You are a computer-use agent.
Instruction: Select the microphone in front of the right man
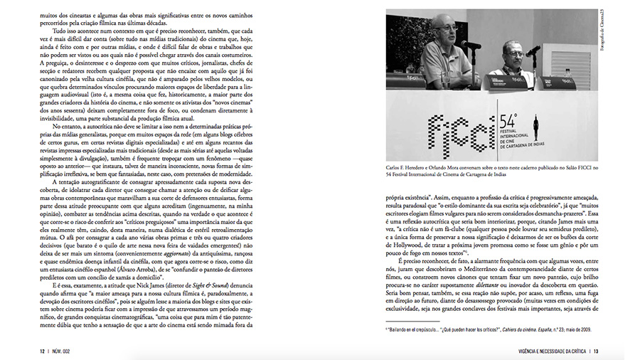tap(533, 50)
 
